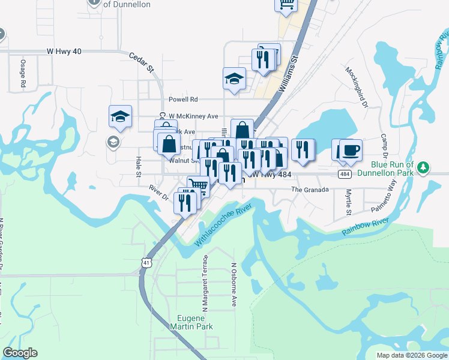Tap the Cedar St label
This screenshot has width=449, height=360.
point(142,62)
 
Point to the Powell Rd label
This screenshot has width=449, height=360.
point(183,100)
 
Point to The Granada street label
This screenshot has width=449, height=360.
point(310,190)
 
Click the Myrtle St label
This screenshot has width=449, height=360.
point(348,203)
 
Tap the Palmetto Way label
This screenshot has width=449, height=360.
point(393,197)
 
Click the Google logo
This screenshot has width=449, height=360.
point(20,353)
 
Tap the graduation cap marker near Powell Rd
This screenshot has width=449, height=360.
point(234,79)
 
